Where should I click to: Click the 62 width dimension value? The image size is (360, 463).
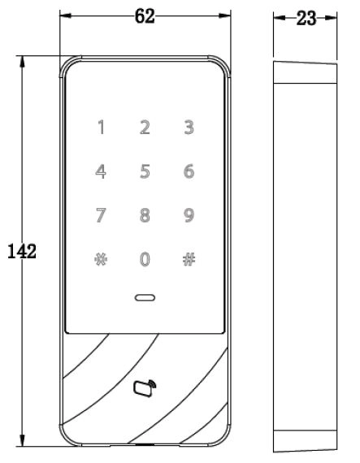(145, 16)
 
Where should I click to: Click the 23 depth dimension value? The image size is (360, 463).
(306, 19)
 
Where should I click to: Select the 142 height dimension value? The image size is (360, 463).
(22, 251)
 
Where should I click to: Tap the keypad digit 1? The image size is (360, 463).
(102, 128)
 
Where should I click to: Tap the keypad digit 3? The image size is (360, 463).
(189, 128)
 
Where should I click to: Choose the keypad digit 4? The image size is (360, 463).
(101, 171)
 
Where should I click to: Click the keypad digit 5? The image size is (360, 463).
(145, 171)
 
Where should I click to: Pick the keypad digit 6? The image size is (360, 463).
(189, 171)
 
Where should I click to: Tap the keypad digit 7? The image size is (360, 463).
(101, 215)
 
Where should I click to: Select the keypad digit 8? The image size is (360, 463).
(145, 215)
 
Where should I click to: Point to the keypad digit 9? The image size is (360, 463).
(189, 215)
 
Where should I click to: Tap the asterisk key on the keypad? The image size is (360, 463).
(101, 259)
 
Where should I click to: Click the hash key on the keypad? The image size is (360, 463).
(189, 259)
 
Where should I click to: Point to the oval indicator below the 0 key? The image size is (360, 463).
(145, 297)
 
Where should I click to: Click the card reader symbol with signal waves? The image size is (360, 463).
(145, 388)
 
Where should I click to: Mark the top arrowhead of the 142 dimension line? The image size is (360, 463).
(22, 62)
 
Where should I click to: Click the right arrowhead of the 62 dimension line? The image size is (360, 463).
(224, 15)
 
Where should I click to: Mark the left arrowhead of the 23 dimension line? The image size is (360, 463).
(279, 18)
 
